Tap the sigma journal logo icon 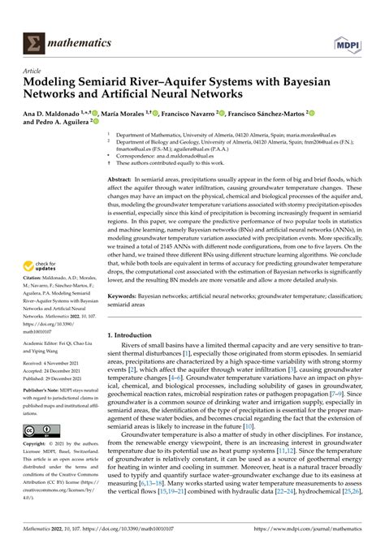tap(36, 40)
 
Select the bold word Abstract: tap(119, 178)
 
